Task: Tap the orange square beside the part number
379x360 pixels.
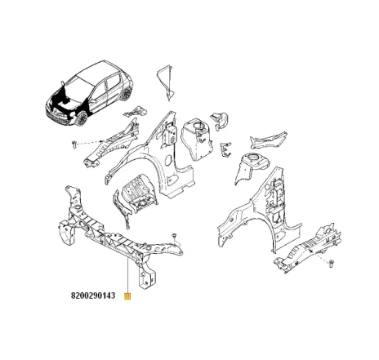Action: coord(127,297)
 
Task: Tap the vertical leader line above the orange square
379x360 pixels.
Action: coord(127,273)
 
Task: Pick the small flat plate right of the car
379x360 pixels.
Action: coord(139,109)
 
